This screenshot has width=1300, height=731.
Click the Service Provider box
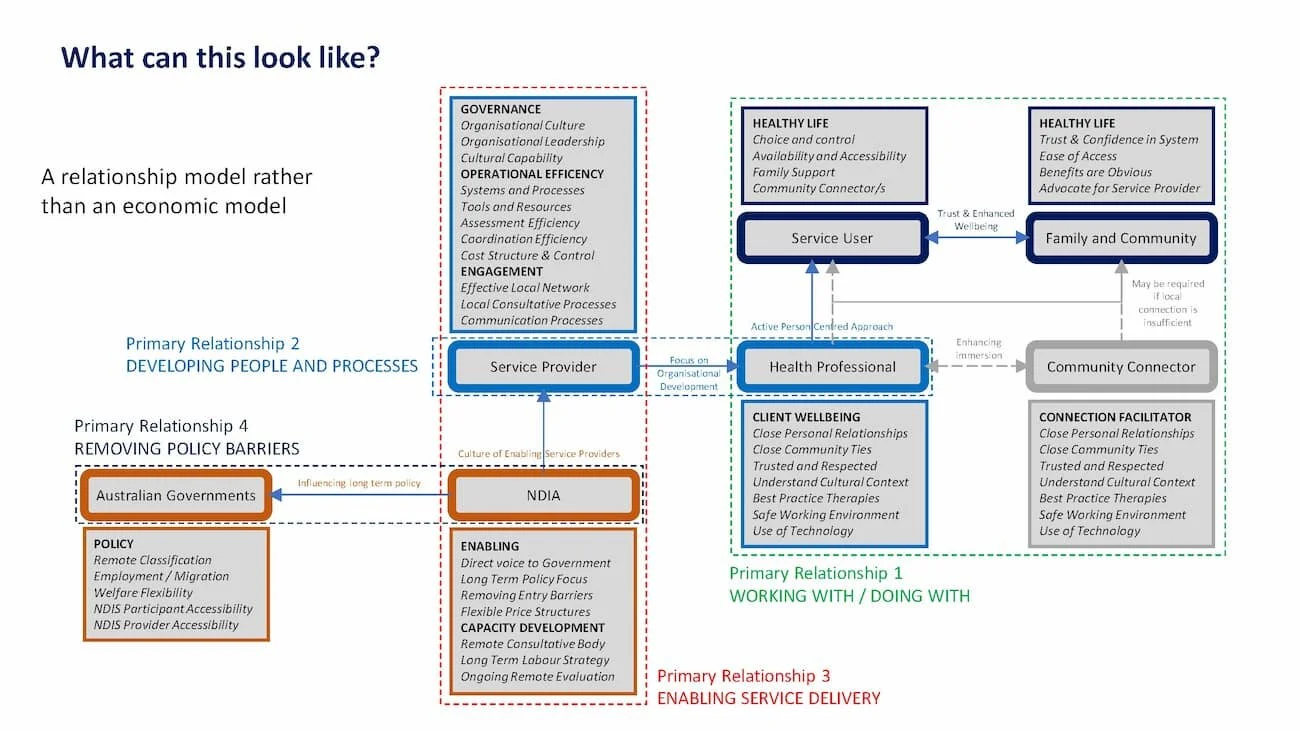tap(543, 367)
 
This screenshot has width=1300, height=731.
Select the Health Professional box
tap(832, 367)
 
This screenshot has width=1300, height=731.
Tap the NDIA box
tap(543, 495)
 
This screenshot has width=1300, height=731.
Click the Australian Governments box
tap(176, 495)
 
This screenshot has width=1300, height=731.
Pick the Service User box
tap(832, 238)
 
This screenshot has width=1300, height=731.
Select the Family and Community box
tap(1120, 238)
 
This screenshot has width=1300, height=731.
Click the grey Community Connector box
tap(1120, 367)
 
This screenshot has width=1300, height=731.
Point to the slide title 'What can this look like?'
tap(220, 57)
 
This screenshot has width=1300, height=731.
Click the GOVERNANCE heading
tap(500, 109)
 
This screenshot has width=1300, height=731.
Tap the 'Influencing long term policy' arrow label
tap(359, 484)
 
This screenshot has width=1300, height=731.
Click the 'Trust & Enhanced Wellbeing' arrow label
tap(975, 218)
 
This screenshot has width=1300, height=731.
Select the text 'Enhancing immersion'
tap(978, 349)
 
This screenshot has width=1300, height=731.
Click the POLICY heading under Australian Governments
tap(113, 544)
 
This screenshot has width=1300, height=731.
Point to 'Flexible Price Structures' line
tap(525, 611)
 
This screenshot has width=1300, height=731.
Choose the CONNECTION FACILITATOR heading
tap(1101, 417)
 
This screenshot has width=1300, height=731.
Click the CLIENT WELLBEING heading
tap(806, 417)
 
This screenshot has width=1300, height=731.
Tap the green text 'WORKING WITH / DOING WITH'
tap(849, 596)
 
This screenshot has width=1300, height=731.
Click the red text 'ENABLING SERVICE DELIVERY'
tap(768, 698)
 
